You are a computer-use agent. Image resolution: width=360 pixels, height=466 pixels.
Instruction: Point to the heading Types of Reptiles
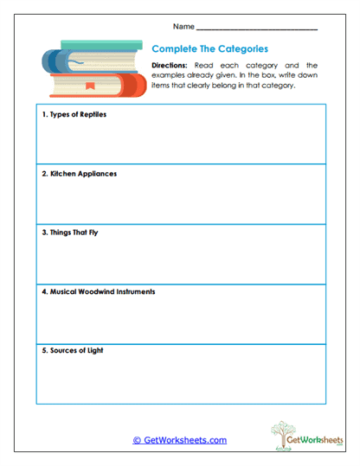click(74, 114)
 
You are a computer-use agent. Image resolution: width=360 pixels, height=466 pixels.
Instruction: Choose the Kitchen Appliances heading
click(80, 173)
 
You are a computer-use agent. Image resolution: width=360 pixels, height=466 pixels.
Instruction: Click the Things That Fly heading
click(70, 233)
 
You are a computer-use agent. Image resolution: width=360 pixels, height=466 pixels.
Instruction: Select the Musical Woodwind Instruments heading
click(99, 291)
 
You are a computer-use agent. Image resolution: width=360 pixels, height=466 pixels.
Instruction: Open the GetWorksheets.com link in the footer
click(179, 440)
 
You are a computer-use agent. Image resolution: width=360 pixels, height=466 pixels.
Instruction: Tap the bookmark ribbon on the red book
click(90, 87)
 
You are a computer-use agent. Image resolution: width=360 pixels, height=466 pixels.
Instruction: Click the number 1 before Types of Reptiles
click(43, 114)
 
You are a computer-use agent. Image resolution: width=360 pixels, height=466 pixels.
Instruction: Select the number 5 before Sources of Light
click(43, 351)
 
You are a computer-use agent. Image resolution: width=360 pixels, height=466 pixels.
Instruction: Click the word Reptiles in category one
click(91, 114)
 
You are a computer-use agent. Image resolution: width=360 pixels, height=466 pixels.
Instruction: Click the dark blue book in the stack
click(65, 63)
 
